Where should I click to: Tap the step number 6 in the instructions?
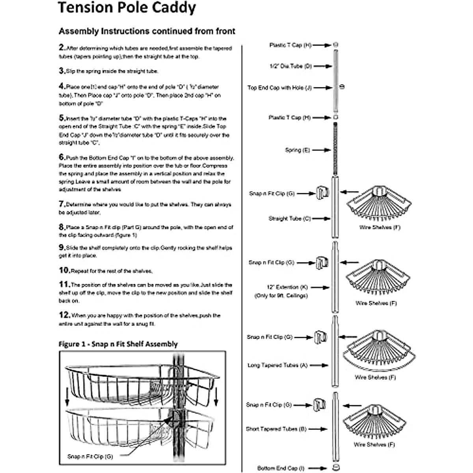click(62, 157)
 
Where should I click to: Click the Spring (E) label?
click(297, 150)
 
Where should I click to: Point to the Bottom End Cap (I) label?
click(281, 468)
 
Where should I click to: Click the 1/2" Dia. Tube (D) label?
click(291, 66)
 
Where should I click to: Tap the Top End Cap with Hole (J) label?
click(279, 88)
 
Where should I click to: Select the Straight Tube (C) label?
click(290, 218)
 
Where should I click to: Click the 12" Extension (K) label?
click(287, 287)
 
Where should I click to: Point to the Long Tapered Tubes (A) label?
click(277, 365)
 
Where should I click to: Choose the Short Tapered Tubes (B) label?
click(276, 429)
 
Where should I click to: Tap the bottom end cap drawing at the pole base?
click(335, 467)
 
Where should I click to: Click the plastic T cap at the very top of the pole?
click(335, 45)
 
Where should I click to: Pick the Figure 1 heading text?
click(118, 344)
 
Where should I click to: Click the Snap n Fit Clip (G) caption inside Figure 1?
click(90, 456)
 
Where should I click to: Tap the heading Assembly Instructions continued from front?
click(147, 31)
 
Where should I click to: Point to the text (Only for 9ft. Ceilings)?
click(281, 296)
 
